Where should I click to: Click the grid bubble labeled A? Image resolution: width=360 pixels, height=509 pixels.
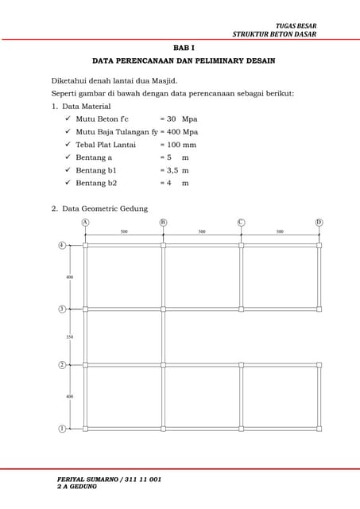(x=85, y=223)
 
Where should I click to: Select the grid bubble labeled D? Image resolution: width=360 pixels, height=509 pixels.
(x=319, y=223)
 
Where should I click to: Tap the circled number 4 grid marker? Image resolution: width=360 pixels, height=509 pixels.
(x=62, y=245)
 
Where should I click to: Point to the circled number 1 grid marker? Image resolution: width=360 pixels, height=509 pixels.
(x=62, y=429)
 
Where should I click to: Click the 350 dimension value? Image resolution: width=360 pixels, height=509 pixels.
(x=69, y=337)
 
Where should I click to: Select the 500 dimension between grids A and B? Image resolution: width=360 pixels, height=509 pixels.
(x=124, y=231)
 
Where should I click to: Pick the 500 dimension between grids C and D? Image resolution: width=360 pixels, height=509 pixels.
(x=280, y=231)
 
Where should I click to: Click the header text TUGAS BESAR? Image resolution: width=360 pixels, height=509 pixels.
(x=296, y=26)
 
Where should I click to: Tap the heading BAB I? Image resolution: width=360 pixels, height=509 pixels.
(x=184, y=48)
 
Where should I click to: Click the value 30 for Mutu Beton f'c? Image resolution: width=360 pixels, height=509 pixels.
(x=171, y=119)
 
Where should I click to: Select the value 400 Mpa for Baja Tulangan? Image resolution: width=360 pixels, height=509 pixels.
(x=181, y=132)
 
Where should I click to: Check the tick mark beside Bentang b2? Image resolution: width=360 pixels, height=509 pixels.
(x=68, y=182)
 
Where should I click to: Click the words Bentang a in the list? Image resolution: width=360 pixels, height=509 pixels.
(x=94, y=157)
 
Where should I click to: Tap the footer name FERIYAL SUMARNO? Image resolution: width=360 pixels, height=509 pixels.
(x=86, y=480)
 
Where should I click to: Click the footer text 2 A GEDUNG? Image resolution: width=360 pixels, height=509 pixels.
(x=77, y=487)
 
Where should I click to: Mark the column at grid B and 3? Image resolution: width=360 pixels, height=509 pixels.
(x=163, y=309)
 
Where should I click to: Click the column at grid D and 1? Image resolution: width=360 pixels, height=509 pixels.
(x=319, y=429)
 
